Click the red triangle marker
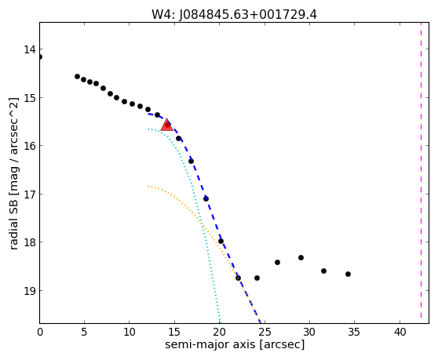tap(166, 125)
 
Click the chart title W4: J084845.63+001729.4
tap(234, 14)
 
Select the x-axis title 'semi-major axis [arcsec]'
tap(235, 344)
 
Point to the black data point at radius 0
tap(40, 57)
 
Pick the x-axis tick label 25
tap(265, 333)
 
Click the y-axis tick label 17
tap(30, 194)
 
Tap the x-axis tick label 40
tap(400, 333)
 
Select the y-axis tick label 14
tap(30, 49)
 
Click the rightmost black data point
tap(348, 274)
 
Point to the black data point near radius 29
tap(301, 257)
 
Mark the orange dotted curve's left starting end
tap(148, 186)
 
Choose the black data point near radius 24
tap(257, 278)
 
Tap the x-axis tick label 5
tap(84, 333)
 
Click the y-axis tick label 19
tap(30, 290)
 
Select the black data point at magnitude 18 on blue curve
tap(221, 241)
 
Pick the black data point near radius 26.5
tap(277, 262)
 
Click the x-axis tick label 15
tap(174, 333)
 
